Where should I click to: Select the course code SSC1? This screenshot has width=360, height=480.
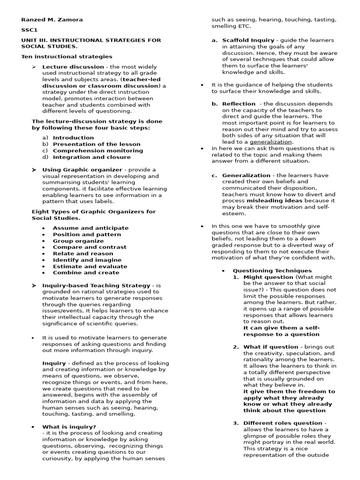click(x=29, y=30)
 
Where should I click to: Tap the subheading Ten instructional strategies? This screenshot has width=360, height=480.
click(x=67, y=57)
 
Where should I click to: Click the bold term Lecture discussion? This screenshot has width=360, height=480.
click(x=73, y=67)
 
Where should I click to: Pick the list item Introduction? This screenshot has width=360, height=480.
click(x=73, y=138)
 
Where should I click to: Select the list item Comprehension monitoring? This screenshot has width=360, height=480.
click(x=97, y=151)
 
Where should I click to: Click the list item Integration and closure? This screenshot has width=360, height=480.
click(x=92, y=157)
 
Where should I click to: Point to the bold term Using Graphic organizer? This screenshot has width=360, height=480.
click(x=82, y=170)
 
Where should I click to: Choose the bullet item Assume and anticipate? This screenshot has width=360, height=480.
click(x=90, y=228)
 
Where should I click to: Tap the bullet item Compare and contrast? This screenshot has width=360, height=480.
click(x=90, y=247)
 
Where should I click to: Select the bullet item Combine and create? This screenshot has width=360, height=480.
click(x=86, y=273)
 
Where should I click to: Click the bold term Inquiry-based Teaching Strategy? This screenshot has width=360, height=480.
click(x=97, y=285)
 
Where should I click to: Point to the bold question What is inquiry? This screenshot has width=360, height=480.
click(x=69, y=427)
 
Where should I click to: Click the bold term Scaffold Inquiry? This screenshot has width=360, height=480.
click(x=248, y=40)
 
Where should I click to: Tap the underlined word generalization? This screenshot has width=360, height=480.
click(x=271, y=142)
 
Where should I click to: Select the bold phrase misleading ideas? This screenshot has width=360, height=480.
click(x=275, y=201)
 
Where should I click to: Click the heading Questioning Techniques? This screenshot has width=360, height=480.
click(x=272, y=271)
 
